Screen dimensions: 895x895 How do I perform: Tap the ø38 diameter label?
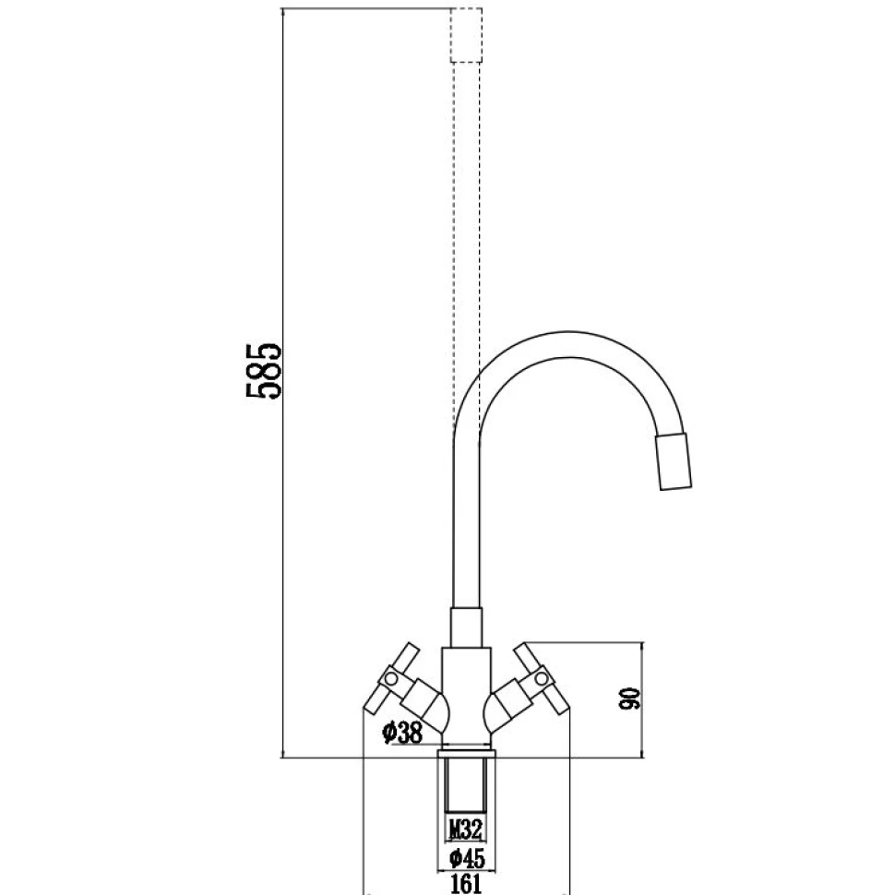(401, 734)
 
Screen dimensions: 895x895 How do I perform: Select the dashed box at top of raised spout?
(466, 35)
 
